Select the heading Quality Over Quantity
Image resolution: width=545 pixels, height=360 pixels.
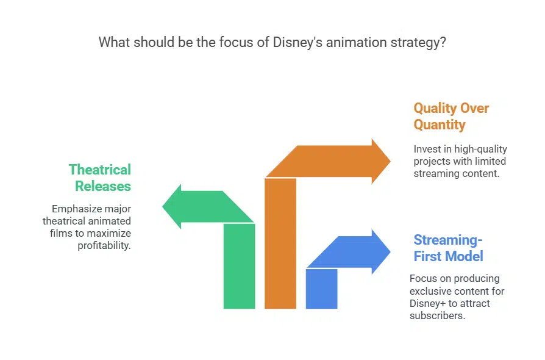tap(451, 117)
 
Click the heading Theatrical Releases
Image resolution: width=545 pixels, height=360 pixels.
tap(99, 177)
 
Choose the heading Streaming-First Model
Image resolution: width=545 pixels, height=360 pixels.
tap(448, 247)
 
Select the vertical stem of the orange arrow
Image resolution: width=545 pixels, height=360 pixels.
tap(280, 244)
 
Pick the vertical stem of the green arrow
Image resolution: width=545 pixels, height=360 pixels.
tap(239, 265)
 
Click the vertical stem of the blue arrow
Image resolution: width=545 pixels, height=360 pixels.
tap(321, 288)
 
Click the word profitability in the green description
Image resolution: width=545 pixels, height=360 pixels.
tap(104, 245)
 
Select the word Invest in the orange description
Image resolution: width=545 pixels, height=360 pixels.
tap(426, 149)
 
